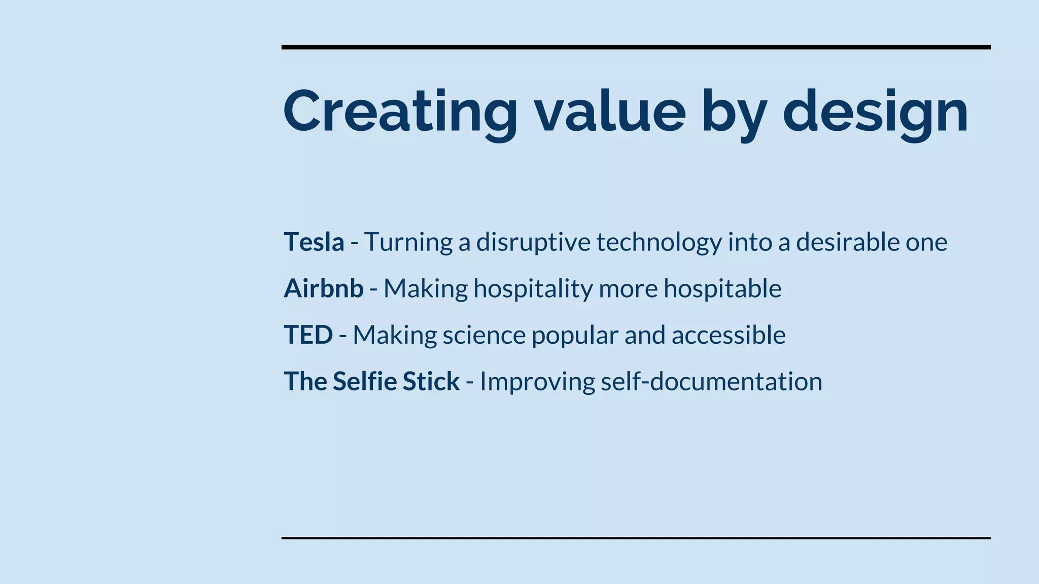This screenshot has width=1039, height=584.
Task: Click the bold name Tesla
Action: [x=314, y=242]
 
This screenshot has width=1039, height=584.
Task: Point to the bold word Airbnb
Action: [x=323, y=288]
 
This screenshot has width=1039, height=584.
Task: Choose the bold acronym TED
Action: [x=308, y=335]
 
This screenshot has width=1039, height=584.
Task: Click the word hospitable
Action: [x=722, y=289]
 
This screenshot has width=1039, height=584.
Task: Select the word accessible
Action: [x=729, y=335]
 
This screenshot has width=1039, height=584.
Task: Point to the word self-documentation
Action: [x=711, y=382]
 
